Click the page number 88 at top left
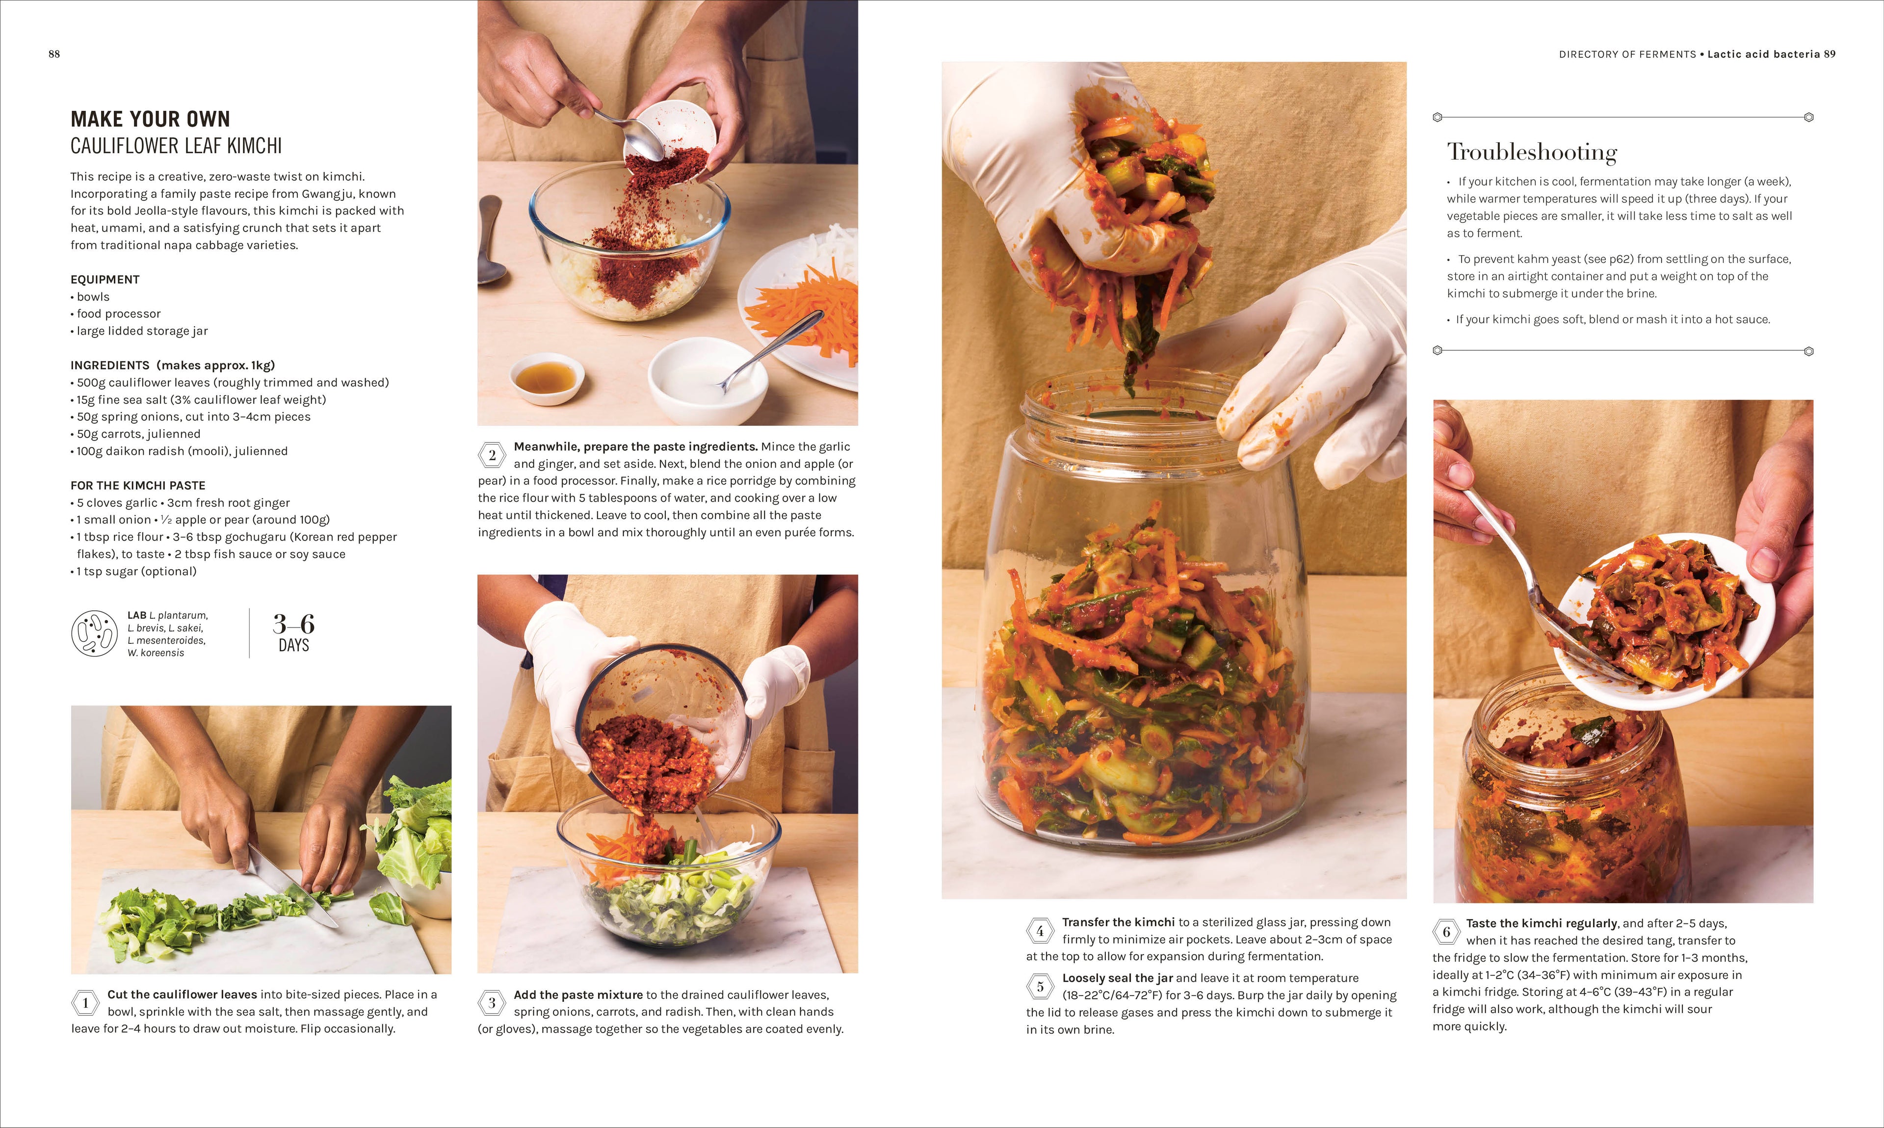click(54, 54)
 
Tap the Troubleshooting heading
click(1531, 152)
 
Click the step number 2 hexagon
click(492, 455)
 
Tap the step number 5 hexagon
click(1040, 987)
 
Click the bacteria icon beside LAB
click(94, 633)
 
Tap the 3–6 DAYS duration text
click(293, 633)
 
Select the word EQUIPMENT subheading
click(105, 280)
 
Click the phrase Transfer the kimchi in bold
click(1118, 922)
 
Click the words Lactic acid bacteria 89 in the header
click(1771, 54)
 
